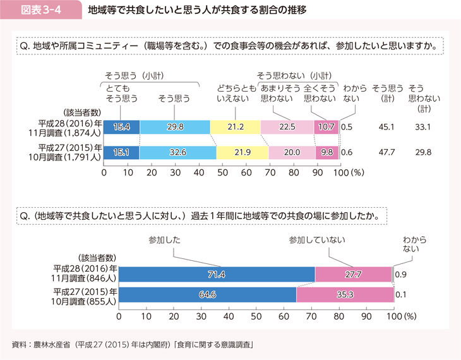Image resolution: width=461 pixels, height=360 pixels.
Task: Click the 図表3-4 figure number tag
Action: pyautogui.click(x=41, y=11)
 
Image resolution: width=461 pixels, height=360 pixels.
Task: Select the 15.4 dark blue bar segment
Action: pyautogui.click(x=121, y=127)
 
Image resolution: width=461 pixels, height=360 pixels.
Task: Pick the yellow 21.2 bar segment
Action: pyautogui.click(x=235, y=127)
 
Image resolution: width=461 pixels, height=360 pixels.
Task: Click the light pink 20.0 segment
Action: pyautogui.click(x=292, y=152)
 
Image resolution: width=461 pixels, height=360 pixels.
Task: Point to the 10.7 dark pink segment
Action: pyautogui.click(x=326, y=127)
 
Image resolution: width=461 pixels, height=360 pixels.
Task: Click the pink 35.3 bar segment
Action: pyautogui.click(x=344, y=294)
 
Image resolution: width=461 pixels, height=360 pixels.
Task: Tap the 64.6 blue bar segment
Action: pyautogui.click(x=207, y=294)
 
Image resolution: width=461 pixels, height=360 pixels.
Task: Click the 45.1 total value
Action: pyautogui.click(x=386, y=127)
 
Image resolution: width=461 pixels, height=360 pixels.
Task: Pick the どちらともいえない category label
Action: pyautogui.click(x=235, y=94)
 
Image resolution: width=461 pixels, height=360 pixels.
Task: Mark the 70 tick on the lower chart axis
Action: pyautogui.click(x=311, y=314)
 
